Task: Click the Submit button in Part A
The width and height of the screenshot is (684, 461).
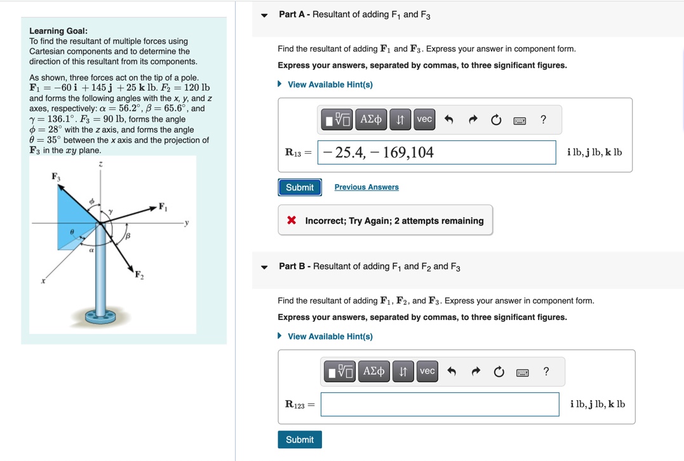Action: coord(299,187)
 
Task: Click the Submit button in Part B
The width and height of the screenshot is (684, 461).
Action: coord(299,439)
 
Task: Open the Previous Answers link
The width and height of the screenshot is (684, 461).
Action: coord(366,187)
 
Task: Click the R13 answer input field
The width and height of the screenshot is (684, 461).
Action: coord(437,152)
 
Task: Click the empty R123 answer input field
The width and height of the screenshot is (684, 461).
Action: coord(439,404)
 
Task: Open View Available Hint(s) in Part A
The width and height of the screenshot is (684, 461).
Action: coord(330,84)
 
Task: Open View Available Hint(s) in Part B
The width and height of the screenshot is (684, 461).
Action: coord(330,337)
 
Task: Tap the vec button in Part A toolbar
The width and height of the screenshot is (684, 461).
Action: coord(424,119)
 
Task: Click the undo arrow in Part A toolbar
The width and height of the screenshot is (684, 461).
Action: coord(448,120)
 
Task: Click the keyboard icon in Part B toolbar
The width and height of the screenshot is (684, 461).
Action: coord(523,372)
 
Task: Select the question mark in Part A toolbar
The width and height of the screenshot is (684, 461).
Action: coord(543,120)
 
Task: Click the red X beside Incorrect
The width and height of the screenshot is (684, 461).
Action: coord(292,221)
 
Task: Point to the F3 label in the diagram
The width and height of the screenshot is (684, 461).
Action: coord(56,177)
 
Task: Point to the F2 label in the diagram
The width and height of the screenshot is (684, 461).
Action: coord(138,275)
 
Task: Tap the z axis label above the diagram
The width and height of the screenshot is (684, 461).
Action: coord(100,164)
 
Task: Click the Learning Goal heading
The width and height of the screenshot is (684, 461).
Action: coord(58,31)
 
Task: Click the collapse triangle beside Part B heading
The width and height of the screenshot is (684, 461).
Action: coord(264,267)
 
